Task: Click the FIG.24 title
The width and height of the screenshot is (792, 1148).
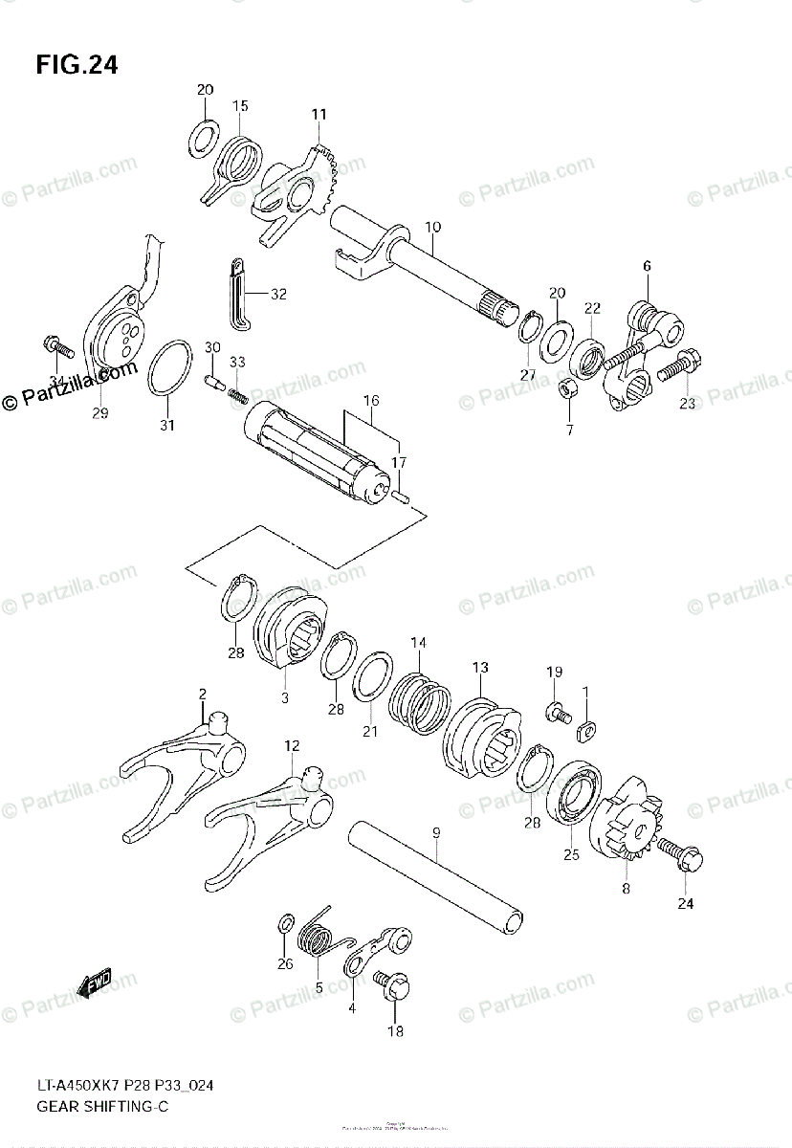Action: tap(77, 66)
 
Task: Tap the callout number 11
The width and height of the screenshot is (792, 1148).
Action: tap(319, 115)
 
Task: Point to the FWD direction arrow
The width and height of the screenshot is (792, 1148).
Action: tap(95, 982)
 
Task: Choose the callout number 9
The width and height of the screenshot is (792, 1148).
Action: tap(435, 834)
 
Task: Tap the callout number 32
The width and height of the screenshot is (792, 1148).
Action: tap(278, 295)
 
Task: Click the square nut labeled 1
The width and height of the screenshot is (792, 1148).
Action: tap(586, 732)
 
